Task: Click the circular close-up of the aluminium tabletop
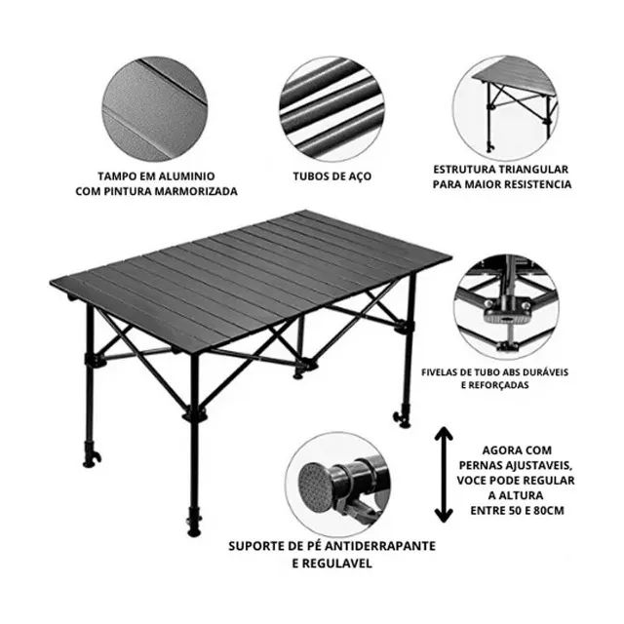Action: [x=155, y=101]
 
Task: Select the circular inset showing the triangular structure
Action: [x=513, y=101]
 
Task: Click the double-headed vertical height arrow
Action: [x=444, y=474]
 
